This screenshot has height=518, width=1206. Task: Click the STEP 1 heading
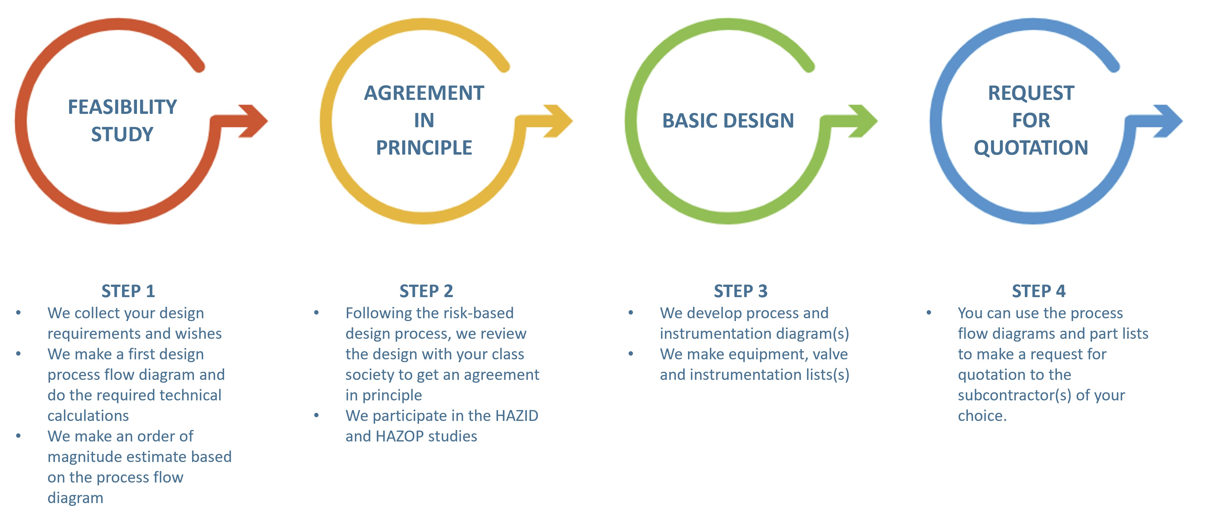[128, 291]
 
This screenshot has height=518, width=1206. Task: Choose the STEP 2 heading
[426, 291]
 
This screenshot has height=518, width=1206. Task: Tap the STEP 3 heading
[741, 291]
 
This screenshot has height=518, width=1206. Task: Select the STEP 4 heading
[1039, 291]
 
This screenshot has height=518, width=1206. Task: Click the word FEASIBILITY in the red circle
[122, 107]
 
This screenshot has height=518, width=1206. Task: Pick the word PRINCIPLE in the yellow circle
[424, 147]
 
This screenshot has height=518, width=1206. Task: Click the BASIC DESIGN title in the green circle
[728, 120]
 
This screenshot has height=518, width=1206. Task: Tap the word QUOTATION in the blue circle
[1031, 147]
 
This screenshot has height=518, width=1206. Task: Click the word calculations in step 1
[88, 416]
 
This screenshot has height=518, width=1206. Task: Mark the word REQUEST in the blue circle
[1031, 93]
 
